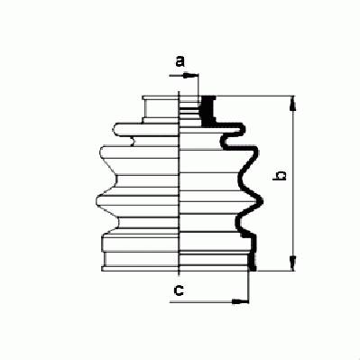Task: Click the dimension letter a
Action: pyautogui.click(x=180, y=61)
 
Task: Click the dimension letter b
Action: pyautogui.click(x=279, y=176)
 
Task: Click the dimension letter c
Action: pyautogui.click(x=180, y=291)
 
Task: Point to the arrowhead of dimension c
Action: pyautogui.click(x=241, y=301)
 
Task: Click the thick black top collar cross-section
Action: pyautogui.click(x=208, y=110)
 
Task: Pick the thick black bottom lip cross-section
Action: pyautogui.click(x=253, y=262)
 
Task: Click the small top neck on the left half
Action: pyautogui.click(x=160, y=109)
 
